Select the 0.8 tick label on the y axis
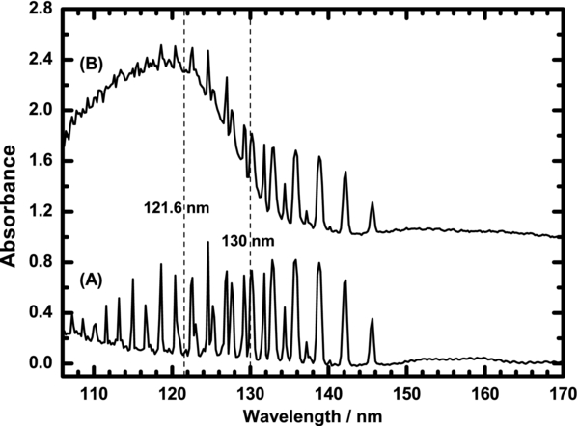pos(41,262)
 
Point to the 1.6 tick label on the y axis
pos(41,161)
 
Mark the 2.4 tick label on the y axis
pos(41,60)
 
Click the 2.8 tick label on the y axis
pos(41,10)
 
